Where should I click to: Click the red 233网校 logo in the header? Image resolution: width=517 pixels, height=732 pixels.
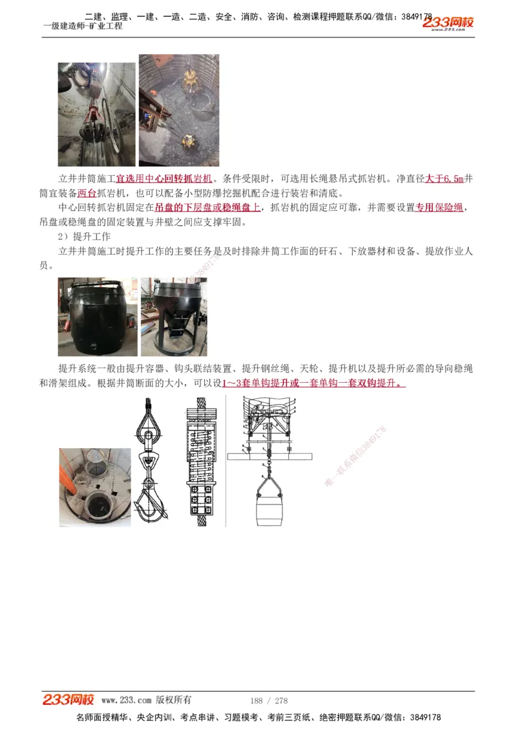click(x=448, y=23)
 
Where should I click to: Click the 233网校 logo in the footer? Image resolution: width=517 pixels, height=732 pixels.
click(x=69, y=700)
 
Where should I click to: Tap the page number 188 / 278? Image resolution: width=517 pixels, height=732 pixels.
click(x=269, y=700)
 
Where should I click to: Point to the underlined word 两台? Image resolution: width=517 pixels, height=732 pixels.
click(x=87, y=193)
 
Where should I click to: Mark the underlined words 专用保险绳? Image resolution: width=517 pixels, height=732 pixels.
click(x=439, y=208)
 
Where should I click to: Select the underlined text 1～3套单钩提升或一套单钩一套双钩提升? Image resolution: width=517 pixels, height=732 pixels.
click(x=313, y=383)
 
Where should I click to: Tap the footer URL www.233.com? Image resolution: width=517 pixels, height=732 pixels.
click(x=126, y=700)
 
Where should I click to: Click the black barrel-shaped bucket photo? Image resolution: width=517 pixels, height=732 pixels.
click(x=97, y=316)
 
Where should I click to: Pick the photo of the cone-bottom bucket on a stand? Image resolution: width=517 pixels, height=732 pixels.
click(x=173, y=316)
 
